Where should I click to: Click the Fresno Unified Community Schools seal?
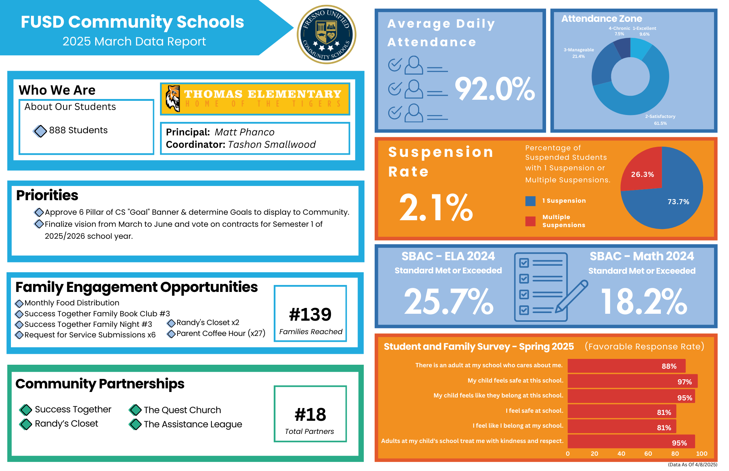pos(326,35)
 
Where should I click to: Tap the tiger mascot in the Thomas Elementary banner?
pos(173,98)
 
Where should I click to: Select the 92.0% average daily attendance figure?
pos(495,89)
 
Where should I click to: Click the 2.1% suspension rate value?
pos(436,207)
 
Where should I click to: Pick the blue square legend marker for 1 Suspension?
pos(530,201)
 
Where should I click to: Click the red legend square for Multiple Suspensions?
pos(530,221)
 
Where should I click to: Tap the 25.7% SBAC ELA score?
pos(448,301)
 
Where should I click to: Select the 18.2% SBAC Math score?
pos(644,301)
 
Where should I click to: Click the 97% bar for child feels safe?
pos(632,381)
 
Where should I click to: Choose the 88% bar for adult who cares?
pos(626,366)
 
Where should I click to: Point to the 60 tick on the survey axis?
pos(648,454)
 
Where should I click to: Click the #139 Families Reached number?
pos(310,314)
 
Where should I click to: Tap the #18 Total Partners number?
pos(310,415)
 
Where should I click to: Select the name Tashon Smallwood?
pos(272,145)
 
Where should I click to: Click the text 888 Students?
pos(78,130)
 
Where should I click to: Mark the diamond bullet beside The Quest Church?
pos(135,410)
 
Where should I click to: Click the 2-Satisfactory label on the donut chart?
pos(660,116)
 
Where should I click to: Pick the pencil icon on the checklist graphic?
pos(571,296)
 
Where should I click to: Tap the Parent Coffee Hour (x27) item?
pos(221,333)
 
